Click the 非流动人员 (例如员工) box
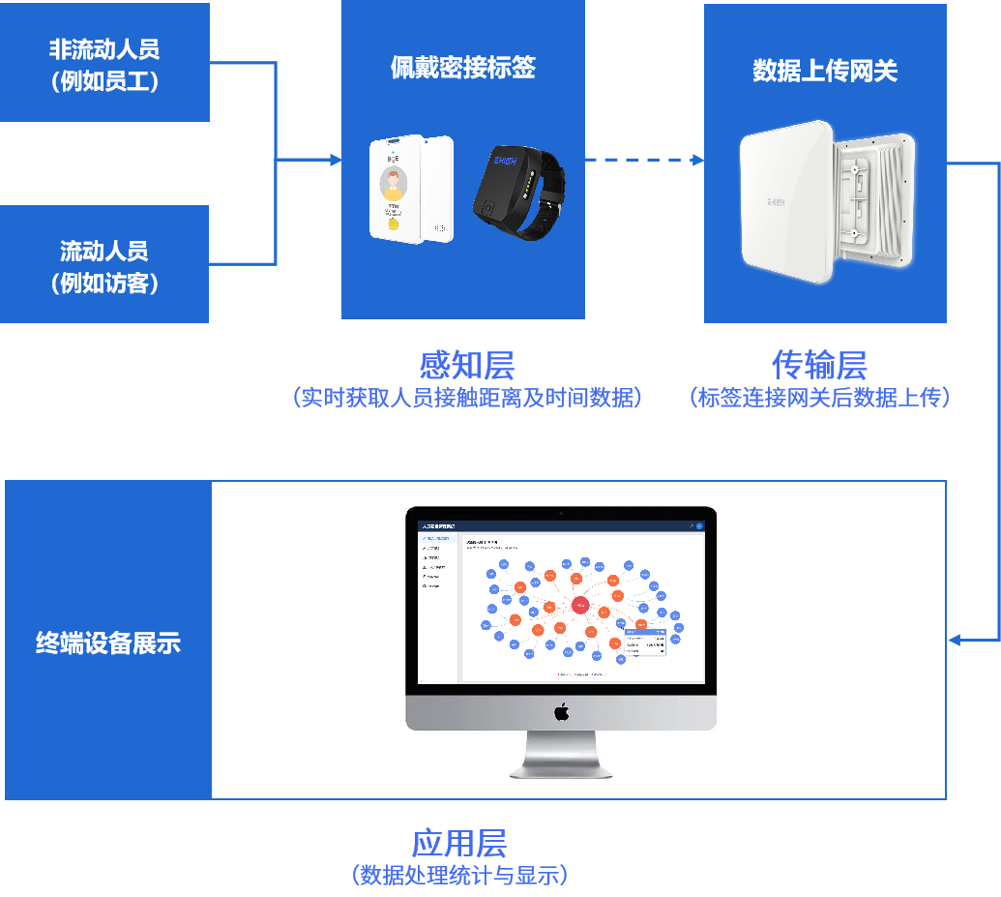[104, 63]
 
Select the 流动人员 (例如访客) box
[104, 264]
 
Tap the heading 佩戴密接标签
[462, 67]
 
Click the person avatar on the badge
[393, 182]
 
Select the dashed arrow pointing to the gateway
[644, 160]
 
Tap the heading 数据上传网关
[825, 71]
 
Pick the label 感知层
[466, 365]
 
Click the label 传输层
[819, 365]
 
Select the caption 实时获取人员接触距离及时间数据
[466, 398]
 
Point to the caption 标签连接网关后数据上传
[819, 398]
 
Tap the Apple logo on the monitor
[561, 713]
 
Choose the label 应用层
[459, 843]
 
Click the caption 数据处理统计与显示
[459, 876]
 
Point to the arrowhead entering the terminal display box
[954, 640]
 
